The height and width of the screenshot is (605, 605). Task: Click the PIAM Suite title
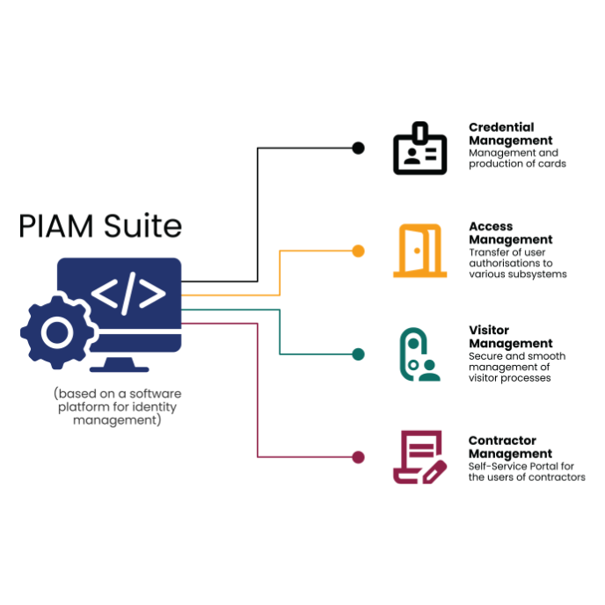[100, 226]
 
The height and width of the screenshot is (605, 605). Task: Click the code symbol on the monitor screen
[128, 295]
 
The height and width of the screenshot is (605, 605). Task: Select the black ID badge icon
[419, 149]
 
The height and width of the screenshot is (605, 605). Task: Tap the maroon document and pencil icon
[419, 457]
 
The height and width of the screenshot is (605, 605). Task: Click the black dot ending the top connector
[358, 148]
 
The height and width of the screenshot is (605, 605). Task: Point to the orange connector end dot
[358, 251]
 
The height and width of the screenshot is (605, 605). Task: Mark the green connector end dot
[358, 354]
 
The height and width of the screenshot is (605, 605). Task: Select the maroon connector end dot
[358, 457]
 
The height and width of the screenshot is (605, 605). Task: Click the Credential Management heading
[510, 134]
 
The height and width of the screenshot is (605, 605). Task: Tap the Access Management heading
[510, 233]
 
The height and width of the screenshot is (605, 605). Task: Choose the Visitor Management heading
[510, 337]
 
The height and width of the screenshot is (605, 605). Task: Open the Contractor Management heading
[510, 447]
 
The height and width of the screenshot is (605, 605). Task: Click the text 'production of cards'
[517, 164]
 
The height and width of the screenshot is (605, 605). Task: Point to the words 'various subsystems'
[517, 273]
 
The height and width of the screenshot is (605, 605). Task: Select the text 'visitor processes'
[509, 377]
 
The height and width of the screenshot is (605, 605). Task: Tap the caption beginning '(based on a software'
[117, 393]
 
